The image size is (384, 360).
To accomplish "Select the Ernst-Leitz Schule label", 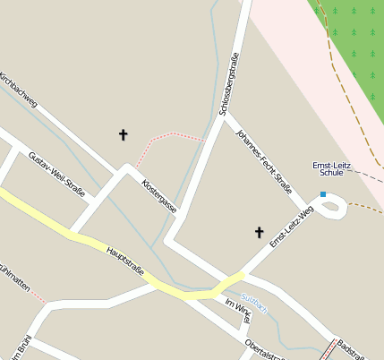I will pos(332,169).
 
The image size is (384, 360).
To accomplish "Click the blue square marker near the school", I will pos(323,194).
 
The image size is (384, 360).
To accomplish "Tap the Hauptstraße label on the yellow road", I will pos(126,266).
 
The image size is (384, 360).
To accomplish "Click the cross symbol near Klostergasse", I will pos(124,134).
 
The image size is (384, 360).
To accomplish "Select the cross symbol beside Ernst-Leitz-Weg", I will pos(260,233).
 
